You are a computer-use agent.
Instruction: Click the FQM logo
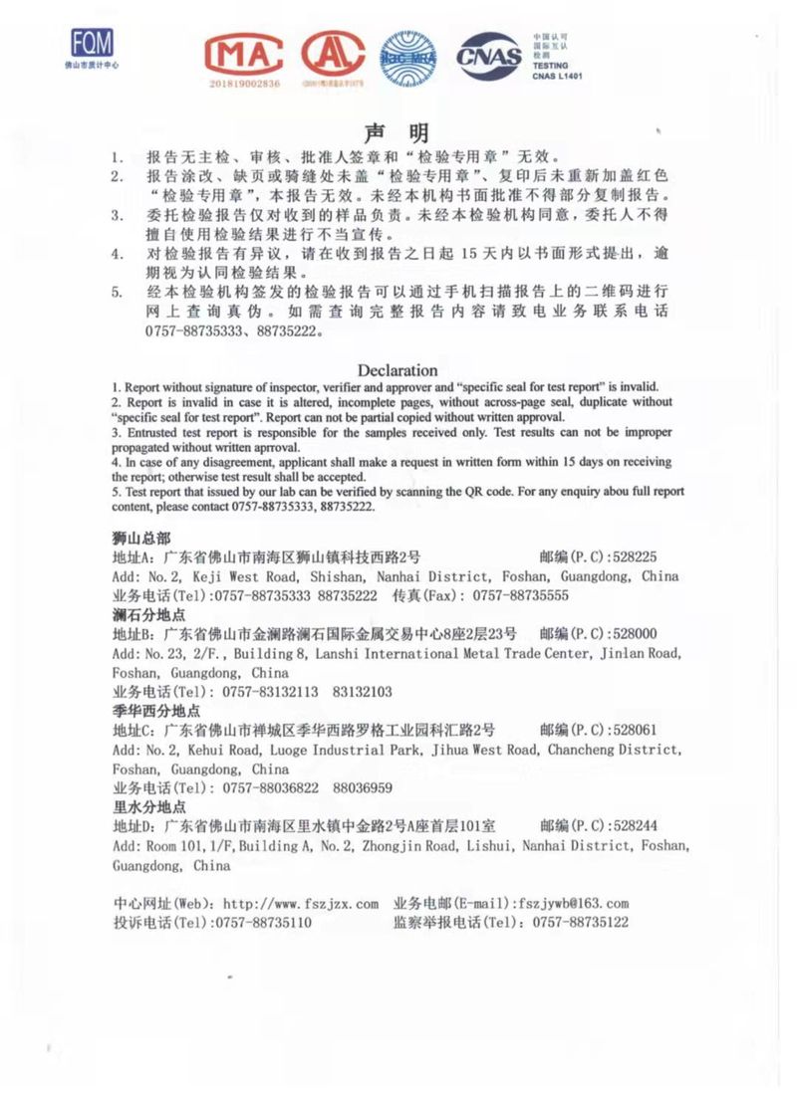click(92, 44)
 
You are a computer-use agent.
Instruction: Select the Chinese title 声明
click(397, 133)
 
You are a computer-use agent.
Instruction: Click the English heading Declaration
click(398, 370)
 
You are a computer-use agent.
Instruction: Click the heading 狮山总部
click(141, 538)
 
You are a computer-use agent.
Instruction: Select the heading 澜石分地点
click(148, 614)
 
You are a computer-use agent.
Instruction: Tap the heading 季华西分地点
click(155, 711)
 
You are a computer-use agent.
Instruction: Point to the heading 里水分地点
click(148, 807)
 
